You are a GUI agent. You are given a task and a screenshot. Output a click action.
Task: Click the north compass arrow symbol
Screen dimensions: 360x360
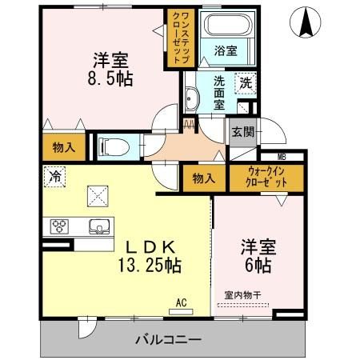[x=305, y=23]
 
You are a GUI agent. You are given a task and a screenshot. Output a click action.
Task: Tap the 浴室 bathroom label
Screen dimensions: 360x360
[x=225, y=50]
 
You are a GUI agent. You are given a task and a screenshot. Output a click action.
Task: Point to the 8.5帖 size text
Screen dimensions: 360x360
[x=109, y=78]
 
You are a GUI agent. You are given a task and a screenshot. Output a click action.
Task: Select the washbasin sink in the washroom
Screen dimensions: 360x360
[x=191, y=99]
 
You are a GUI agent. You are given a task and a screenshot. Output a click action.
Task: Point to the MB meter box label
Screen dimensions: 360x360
[x=282, y=157]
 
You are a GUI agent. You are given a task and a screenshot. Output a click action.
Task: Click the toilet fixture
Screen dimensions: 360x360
[x=110, y=146]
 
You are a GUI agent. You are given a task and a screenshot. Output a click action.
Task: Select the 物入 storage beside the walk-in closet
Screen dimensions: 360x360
[x=203, y=178]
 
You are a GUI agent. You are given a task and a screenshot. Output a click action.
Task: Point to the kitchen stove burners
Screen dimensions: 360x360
[x=61, y=226]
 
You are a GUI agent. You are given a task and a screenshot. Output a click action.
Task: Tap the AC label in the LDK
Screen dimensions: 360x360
[x=182, y=303]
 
